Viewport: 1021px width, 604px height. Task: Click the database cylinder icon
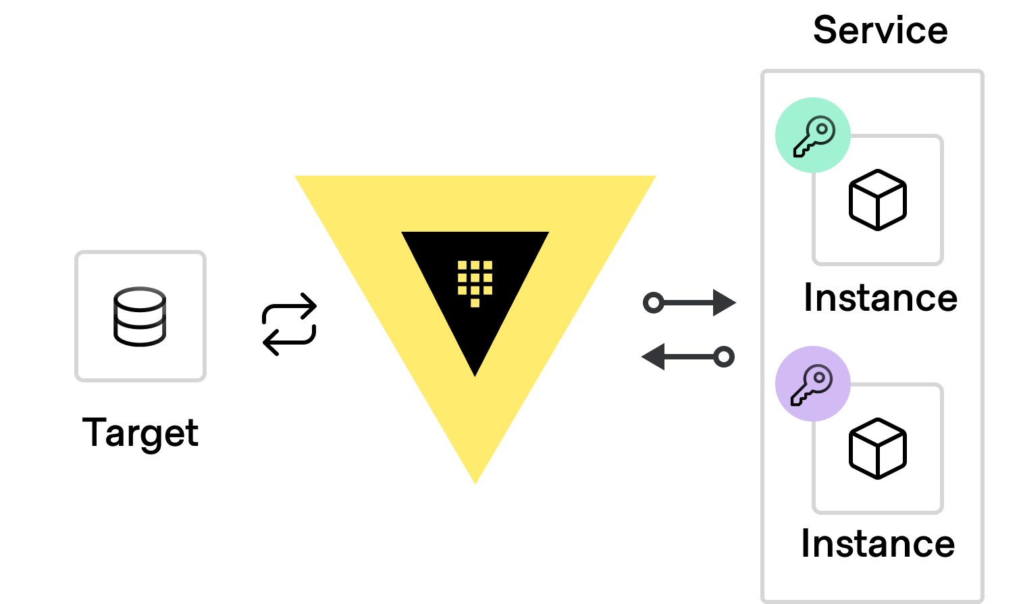point(140,317)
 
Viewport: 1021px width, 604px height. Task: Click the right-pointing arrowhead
point(725,303)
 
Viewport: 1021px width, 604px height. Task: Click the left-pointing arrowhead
point(653,356)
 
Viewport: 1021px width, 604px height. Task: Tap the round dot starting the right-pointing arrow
point(653,303)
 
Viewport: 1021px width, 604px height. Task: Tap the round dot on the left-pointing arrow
point(724,356)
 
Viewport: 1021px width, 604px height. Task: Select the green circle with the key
point(812,134)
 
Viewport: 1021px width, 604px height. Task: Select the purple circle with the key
point(812,384)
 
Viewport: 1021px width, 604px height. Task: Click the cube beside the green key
point(877,200)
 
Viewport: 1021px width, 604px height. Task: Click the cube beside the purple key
point(877,449)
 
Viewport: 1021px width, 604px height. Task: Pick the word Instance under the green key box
point(880,297)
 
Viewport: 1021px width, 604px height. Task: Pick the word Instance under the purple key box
point(877,543)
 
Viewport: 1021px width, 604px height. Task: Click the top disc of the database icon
point(140,299)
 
